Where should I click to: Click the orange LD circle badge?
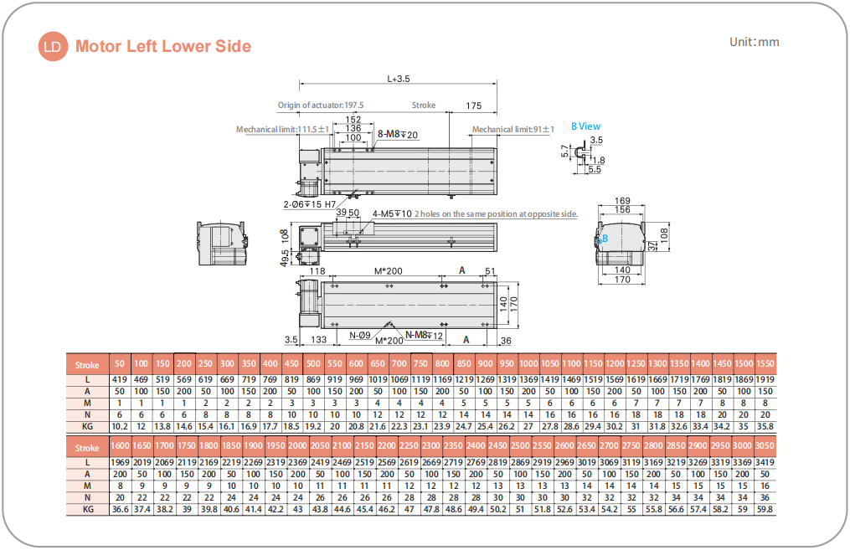click(x=53, y=47)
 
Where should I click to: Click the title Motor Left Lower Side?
click(x=163, y=47)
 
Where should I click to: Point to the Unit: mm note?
click(x=754, y=42)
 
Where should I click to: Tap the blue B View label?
click(x=585, y=126)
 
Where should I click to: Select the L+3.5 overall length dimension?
click(x=399, y=80)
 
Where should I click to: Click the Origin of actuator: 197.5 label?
click(x=321, y=105)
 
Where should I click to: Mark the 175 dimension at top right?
click(x=473, y=105)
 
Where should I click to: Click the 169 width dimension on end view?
click(x=622, y=201)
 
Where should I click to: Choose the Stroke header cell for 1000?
click(x=528, y=364)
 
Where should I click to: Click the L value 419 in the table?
click(x=120, y=380)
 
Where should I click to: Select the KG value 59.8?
click(x=765, y=509)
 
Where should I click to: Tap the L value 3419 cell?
click(x=765, y=463)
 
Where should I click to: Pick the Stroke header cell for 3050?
click(x=765, y=447)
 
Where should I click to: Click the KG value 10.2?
click(x=120, y=425)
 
